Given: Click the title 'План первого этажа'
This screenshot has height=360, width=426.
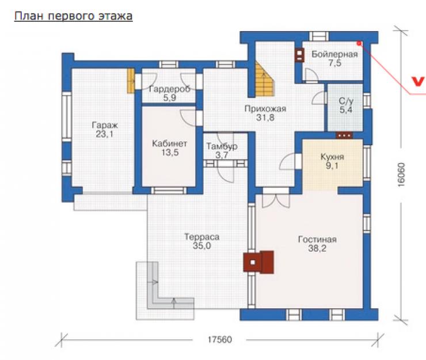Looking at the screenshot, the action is (x=73, y=16).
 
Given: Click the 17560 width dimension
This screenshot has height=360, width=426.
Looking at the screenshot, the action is (x=220, y=340).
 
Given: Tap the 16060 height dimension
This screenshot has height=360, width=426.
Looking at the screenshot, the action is (x=401, y=175).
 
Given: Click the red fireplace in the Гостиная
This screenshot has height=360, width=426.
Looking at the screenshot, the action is (x=258, y=262).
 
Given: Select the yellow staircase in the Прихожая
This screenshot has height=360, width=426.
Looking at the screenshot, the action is (x=264, y=80).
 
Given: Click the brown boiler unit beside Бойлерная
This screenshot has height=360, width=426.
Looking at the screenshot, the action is (x=300, y=55).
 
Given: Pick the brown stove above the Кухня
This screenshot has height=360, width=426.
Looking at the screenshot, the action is (x=344, y=135).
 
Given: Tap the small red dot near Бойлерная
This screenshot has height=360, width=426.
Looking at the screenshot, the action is (x=359, y=43).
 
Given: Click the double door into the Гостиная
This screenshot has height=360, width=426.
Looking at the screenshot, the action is (x=276, y=198).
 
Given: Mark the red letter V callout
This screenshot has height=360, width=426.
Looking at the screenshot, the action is (x=418, y=82).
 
